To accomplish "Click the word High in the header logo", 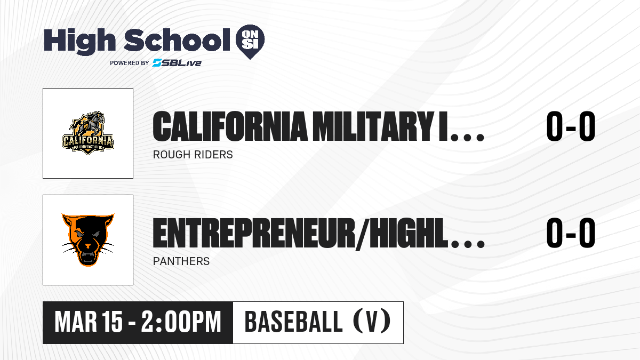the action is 79,41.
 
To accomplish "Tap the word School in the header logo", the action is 177,39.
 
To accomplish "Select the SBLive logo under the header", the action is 177,63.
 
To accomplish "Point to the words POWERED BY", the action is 130,63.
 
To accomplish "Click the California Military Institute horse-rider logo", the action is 88,133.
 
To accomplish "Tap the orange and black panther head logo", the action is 88,239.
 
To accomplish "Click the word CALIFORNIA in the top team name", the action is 230,126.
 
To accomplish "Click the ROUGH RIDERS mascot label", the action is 193,155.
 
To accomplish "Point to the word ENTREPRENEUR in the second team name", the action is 253,233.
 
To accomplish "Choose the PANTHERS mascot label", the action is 181,261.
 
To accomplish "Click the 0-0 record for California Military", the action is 571,126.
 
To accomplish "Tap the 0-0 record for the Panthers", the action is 571,233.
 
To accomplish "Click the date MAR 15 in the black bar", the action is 89,322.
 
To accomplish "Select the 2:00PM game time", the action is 181,322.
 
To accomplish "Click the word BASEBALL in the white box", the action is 293,322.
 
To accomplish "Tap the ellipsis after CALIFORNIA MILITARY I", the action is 467,138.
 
